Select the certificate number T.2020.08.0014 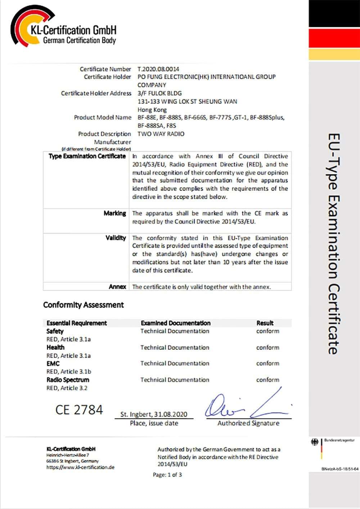click(158, 69)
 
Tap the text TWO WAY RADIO click(161, 134)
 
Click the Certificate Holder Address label click(96, 93)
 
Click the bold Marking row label click(115, 213)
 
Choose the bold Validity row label click(116, 238)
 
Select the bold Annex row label click(117, 287)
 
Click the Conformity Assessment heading click(83, 305)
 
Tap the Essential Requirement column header click(77, 323)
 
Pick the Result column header click(265, 323)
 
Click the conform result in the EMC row click(267, 363)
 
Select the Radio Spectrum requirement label click(68, 380)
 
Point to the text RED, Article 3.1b click(69, 371)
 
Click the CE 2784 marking click(79, 410)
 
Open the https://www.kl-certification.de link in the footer click(80, 467)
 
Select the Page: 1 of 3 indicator click(167, 475)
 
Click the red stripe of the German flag click(334, 38)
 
